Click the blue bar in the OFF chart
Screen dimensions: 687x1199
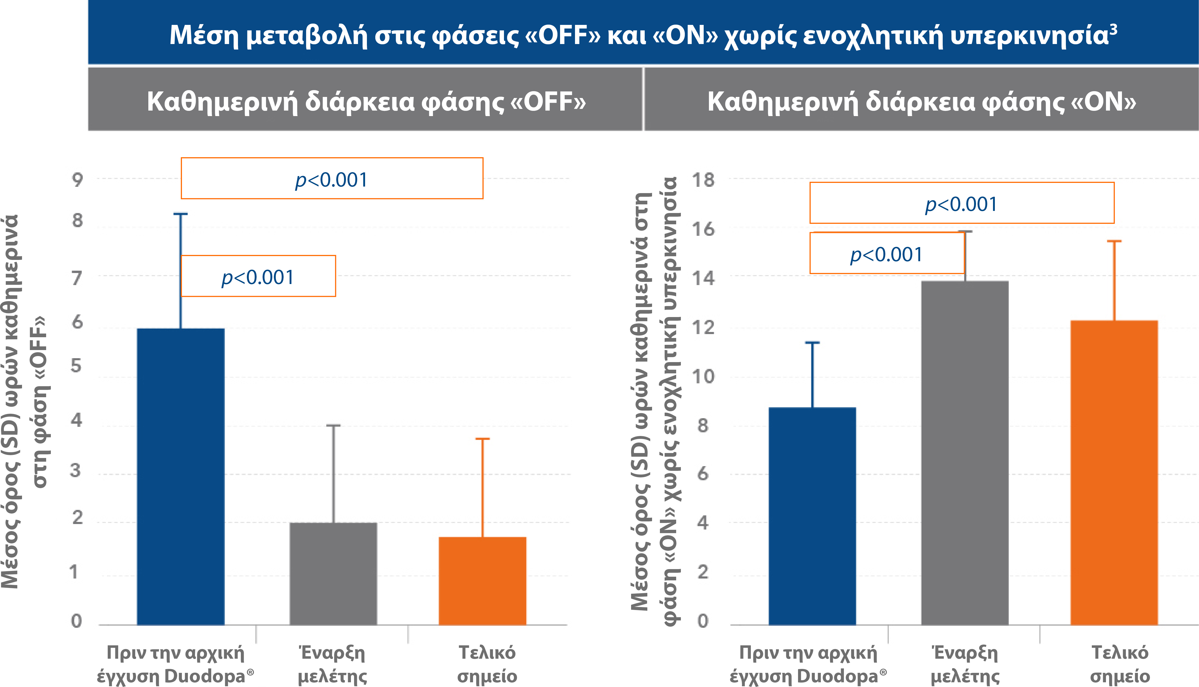pyautogui.click(x=181, y=477)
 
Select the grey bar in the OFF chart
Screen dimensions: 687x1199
pyautogui.click(x=333, y=573)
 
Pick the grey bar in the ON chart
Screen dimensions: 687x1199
pyautogui.click(x=965, y=453)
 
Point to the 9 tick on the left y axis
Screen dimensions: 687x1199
pyautogui.click(x=77, y=179)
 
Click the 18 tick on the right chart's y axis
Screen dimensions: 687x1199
pyautogui.click(x=703, y=180)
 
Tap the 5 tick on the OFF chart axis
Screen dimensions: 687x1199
pyautogui.click(x=76, y=366)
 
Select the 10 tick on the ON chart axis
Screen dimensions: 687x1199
pyautogui.click(x=703, y=377)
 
